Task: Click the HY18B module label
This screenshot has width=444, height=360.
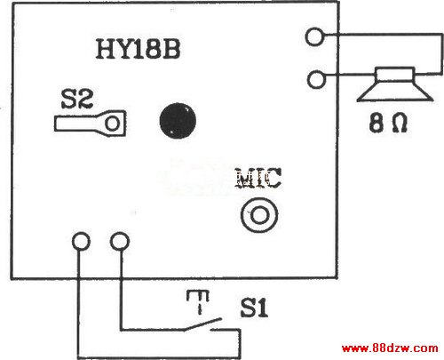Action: (x=138, y=49)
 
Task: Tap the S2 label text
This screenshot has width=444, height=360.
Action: (x=77, y=99)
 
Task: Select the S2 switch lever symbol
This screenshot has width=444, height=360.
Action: (x=90, y=124)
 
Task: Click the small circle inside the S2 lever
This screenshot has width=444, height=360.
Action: (x=113, y=124)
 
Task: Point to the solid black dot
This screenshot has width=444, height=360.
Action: (x=178, y=121)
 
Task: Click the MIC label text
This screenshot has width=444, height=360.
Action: (x=258, y=178)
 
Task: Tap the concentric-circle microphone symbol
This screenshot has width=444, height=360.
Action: (x=259, y=214)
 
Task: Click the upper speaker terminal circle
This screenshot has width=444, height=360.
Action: (x=314, y=36)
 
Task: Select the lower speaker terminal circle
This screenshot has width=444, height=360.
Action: (x=316, y=79)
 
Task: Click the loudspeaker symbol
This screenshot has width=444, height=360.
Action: (x=395, y=84)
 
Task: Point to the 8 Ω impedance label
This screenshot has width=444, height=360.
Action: (x=388, y=123)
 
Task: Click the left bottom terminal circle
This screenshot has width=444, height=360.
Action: (x=81, y=241)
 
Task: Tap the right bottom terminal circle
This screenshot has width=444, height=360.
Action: (x=120, y=241)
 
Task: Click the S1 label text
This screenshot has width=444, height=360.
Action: (x=254, y=308)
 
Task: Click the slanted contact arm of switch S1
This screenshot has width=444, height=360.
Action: (x=202, y=324)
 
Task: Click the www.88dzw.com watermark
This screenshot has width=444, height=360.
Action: (x=390, y=348)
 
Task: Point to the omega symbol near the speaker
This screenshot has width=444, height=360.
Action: (x=400, y=123)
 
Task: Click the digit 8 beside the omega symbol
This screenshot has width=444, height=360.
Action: (x=376, y=123)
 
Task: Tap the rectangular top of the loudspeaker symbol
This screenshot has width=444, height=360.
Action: (x=395, y=75)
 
